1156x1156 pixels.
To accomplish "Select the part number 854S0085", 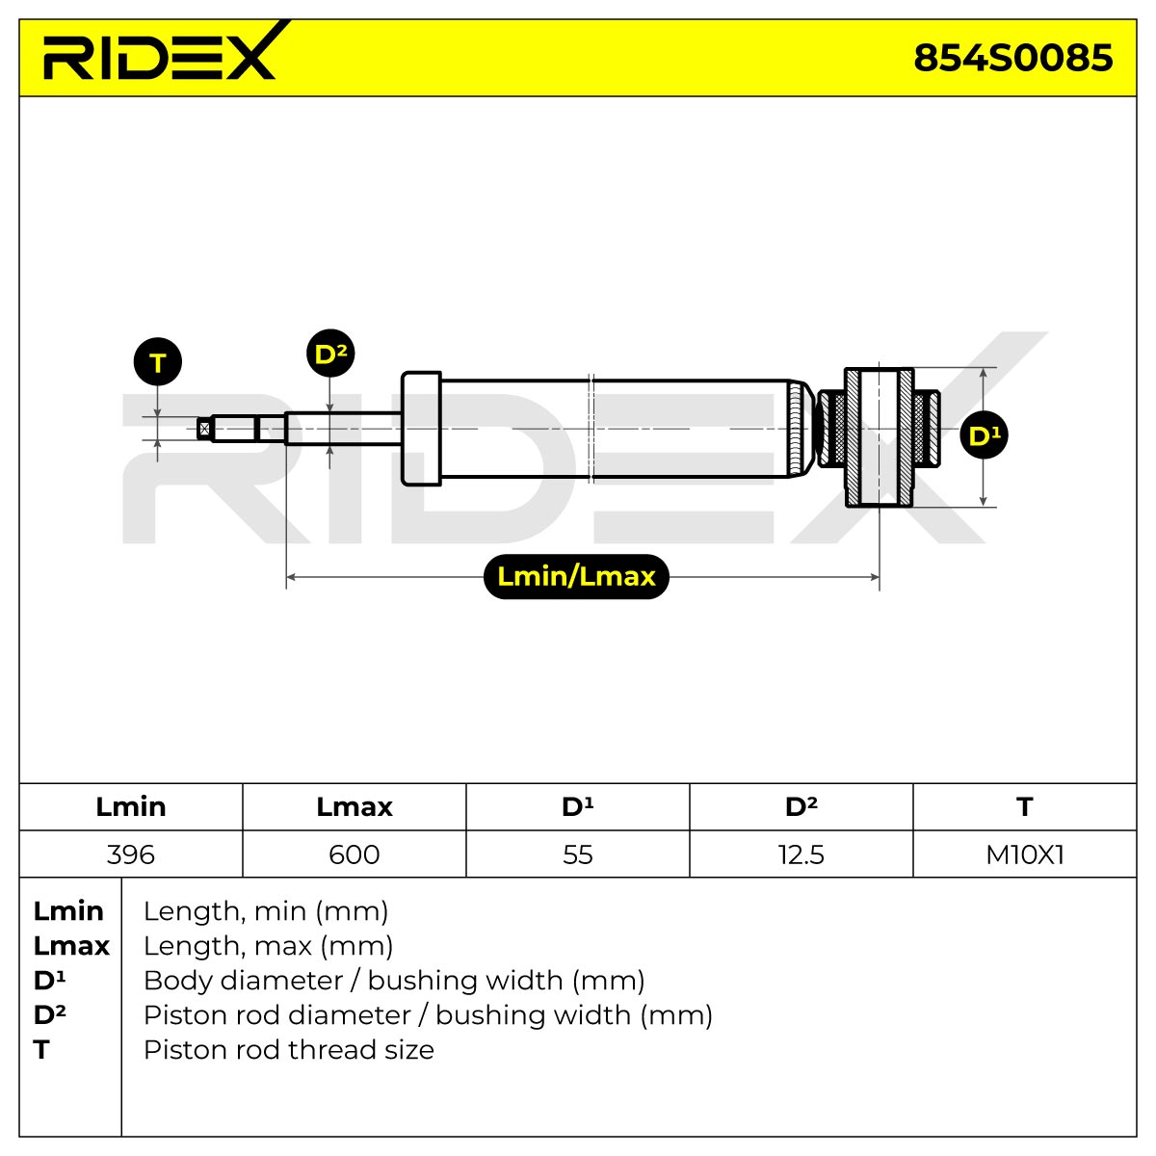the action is tap(1012, 58).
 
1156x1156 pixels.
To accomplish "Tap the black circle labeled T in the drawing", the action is tap(158, 362).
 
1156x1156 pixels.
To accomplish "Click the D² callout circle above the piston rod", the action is tap(330, 353).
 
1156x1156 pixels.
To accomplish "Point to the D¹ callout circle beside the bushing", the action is tap(984, 434).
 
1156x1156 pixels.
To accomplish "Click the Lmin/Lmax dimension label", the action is tap(576, 576).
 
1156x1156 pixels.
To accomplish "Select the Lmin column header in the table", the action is tap(131, 807).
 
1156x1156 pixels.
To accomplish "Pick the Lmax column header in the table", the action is tap(355, 807).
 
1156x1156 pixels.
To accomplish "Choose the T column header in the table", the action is tap(1025, 807).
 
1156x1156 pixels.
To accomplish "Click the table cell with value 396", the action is tap(131, 854).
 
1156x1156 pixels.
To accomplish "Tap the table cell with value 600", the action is tap(355, 854).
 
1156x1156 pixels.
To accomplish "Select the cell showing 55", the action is tap(578, 854).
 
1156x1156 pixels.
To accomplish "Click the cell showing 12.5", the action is tap(801, 854).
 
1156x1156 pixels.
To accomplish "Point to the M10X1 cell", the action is tap(1025, 854).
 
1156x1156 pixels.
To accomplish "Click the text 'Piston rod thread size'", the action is tap(289, 1050).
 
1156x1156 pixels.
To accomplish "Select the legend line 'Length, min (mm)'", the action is tap(266, 912).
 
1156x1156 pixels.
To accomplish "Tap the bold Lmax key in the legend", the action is tap(71, 946).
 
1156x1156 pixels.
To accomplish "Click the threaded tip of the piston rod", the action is tap(204, 429).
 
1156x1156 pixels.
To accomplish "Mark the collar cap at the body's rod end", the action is tap(421, 429).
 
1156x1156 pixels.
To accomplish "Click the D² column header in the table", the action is tap(801, 807).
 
